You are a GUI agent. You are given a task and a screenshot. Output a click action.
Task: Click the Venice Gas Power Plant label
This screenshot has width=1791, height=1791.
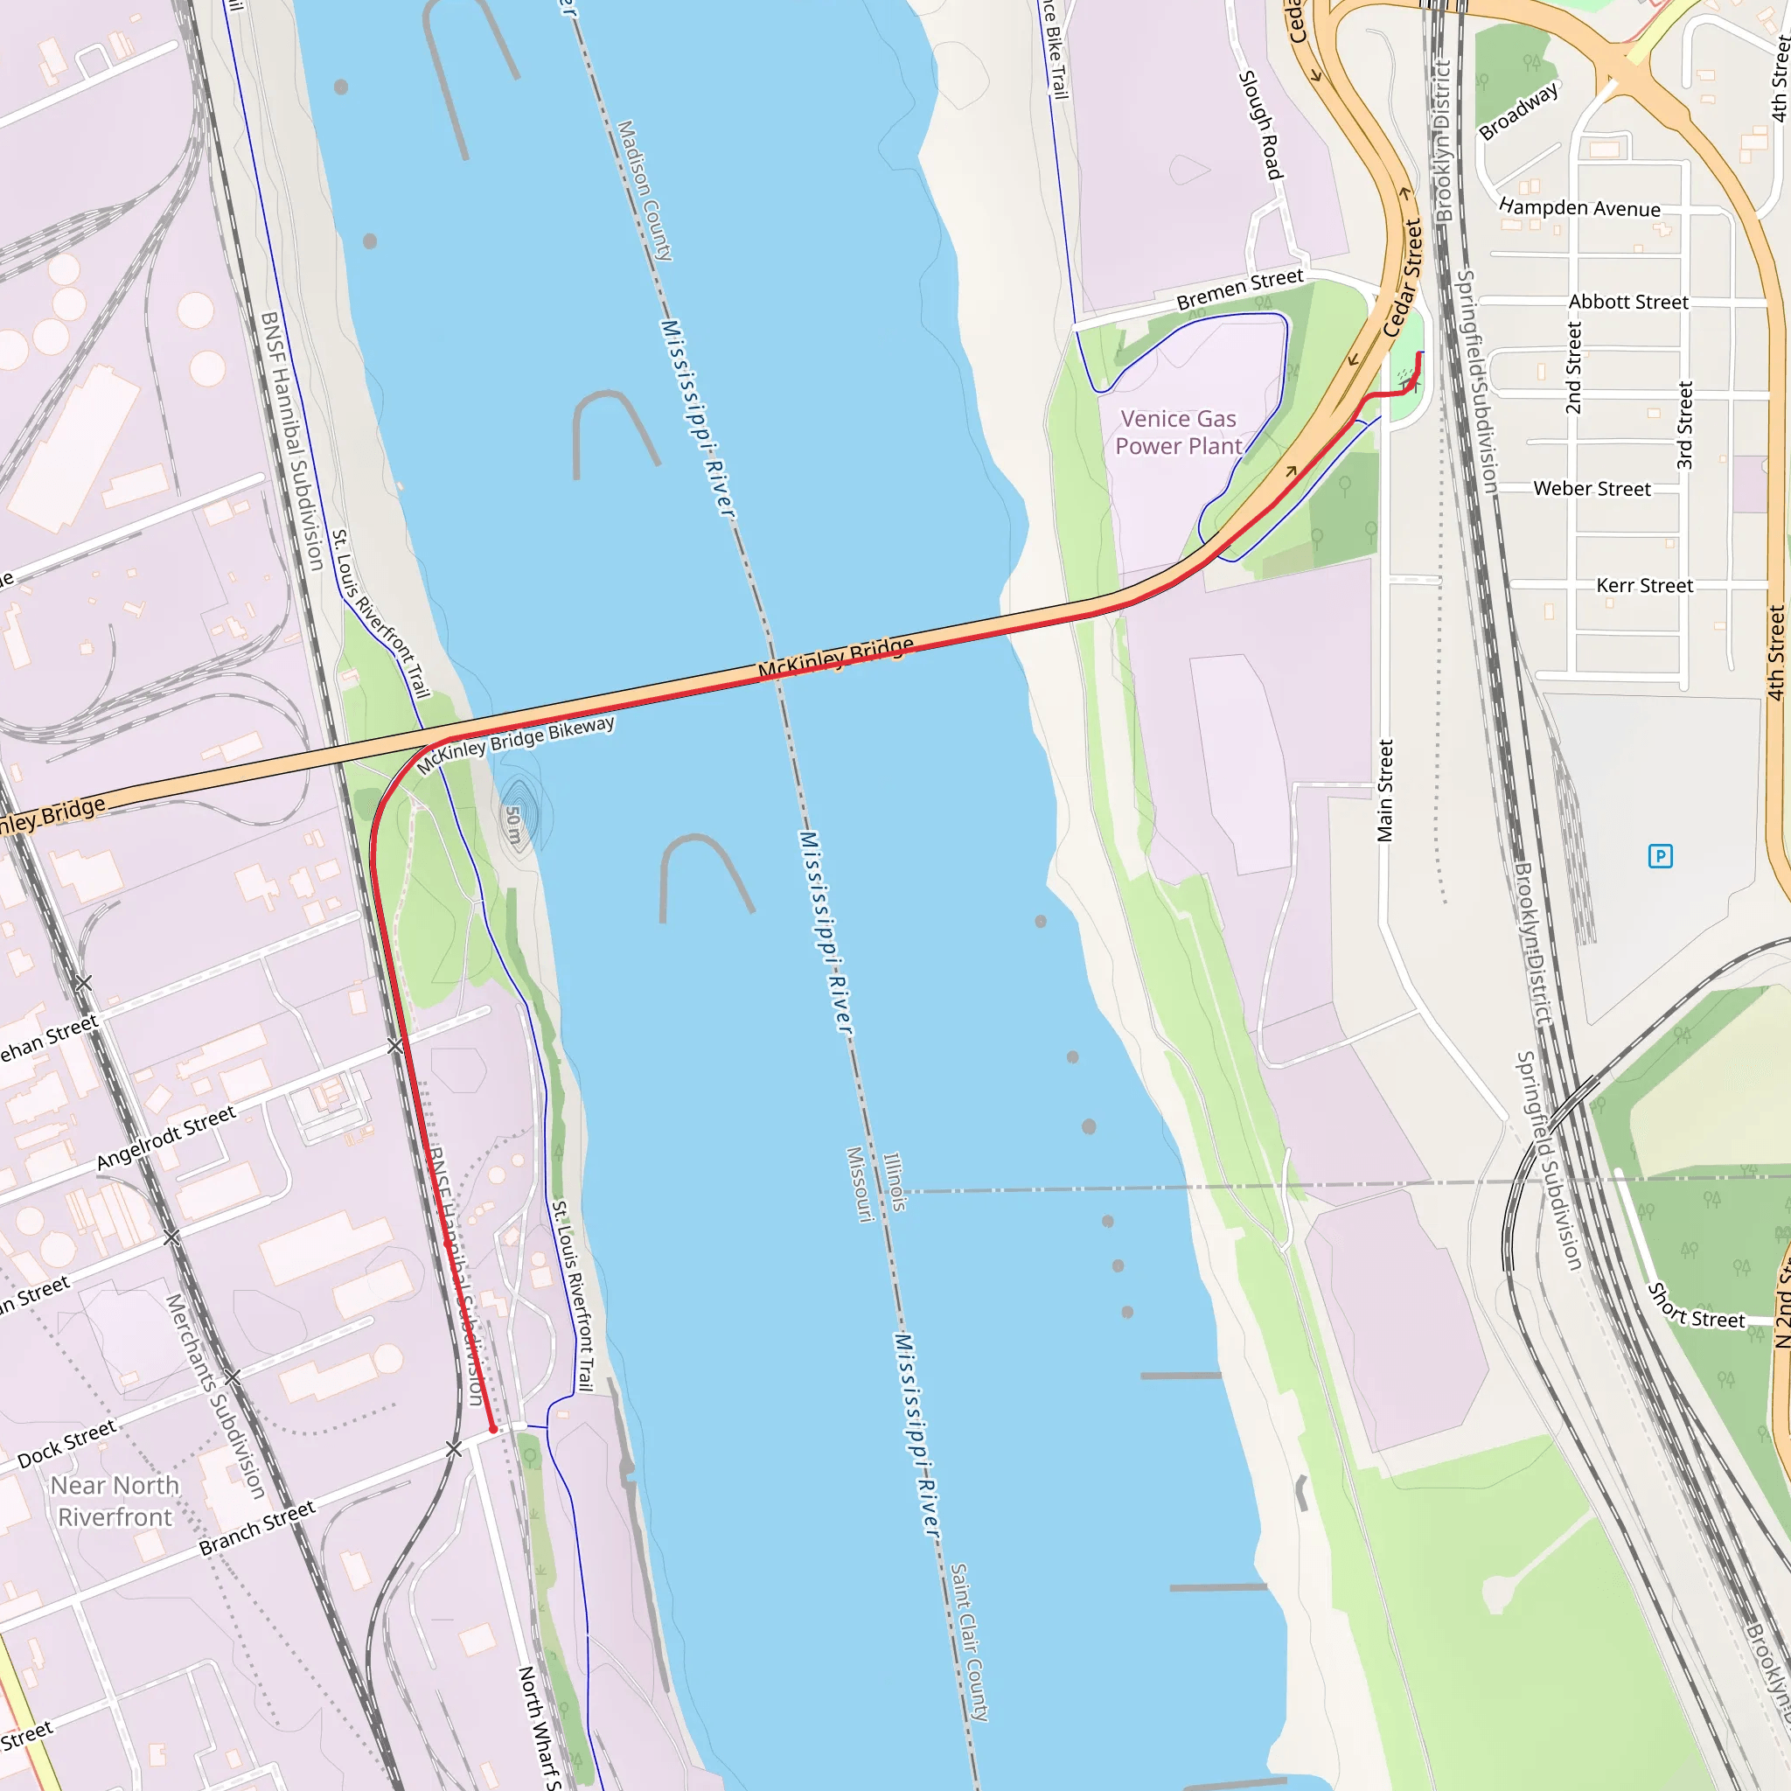tap(1177, 433)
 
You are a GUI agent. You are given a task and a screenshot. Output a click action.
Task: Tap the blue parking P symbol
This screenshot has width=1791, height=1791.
tap(1661, 855)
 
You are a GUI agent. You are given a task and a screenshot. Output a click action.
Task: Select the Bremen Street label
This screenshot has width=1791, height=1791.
tap(1239, 289)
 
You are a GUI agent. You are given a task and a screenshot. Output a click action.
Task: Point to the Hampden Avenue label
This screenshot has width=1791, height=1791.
tap(1579, 207)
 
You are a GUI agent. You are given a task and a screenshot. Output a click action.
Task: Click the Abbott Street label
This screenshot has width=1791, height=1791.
tap(1627, 303)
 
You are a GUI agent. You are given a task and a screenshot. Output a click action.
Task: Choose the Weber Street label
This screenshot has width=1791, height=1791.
tap(1592, 489)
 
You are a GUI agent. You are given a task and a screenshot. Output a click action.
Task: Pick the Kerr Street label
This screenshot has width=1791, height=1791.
tap(1645, 586)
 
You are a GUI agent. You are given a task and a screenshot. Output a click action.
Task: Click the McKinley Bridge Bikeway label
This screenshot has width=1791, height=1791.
tap(515, 744)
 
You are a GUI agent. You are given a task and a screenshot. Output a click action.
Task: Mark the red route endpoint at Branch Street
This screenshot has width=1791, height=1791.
tap(493, 1430)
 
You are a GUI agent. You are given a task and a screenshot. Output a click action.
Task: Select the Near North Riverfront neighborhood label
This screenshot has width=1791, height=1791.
tap(115, 1501)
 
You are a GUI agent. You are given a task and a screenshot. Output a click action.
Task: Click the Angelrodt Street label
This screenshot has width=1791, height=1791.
tap(167, 1138)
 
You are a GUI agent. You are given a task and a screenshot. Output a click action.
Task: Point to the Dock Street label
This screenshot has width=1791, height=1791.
tap(66, 1443)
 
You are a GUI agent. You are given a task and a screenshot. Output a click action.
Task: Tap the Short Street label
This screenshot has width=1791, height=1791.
tap(1696, 1307)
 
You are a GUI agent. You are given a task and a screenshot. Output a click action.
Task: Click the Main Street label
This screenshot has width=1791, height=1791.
tap(1385, 791)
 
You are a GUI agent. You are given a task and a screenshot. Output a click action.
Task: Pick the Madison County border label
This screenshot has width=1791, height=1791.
tap(645, 190)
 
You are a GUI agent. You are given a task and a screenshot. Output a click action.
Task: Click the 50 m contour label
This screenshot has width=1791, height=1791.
tap(513, 824)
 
